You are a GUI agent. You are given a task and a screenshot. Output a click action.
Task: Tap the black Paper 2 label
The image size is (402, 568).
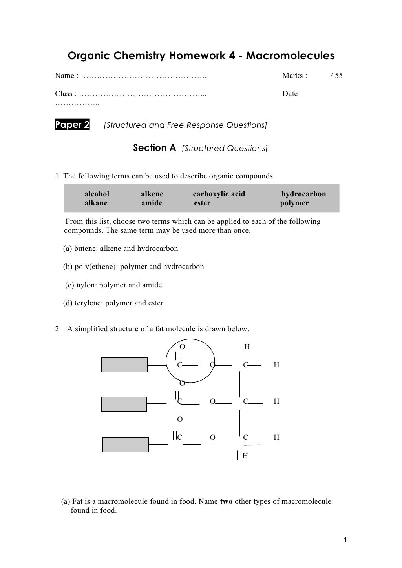click(x=72, y=125)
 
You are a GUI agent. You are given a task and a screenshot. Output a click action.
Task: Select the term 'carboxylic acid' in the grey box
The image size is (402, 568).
click(x=219, y=194)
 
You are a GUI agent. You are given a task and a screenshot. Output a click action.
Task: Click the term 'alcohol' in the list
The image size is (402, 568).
click(x=97, y=194)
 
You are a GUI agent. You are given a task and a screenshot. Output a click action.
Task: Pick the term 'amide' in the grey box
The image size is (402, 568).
click(x=152, y=203)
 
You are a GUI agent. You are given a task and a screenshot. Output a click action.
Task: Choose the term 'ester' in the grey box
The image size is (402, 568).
click(x=202, y=203)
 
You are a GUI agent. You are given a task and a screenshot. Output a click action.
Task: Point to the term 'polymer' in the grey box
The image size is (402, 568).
click(x=294, y=203)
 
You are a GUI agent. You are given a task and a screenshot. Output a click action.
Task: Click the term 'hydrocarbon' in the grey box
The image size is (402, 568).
click(x=303, y=194)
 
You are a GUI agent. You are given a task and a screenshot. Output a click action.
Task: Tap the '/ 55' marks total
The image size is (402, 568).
click(x=336, y=76)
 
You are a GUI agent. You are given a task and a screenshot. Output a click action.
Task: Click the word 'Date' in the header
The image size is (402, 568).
click(x=290, y=94)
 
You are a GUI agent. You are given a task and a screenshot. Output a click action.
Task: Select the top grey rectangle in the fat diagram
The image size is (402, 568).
click(x=125, y=365)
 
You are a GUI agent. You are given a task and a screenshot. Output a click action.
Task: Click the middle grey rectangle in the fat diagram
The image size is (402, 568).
click(x=124, y=404)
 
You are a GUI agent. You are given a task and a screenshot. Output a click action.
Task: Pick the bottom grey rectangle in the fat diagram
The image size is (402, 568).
click(x=126, y=445)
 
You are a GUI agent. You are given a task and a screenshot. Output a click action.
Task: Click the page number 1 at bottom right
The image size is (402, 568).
click(x=345, y=541)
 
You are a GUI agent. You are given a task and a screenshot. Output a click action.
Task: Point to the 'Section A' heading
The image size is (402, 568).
click(x=155, y=148)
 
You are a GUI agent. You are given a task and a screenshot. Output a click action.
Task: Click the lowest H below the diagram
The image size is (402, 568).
click(x=245, y=456)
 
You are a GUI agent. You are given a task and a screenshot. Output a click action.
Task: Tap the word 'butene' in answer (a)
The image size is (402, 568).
click(x=85, y=249)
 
